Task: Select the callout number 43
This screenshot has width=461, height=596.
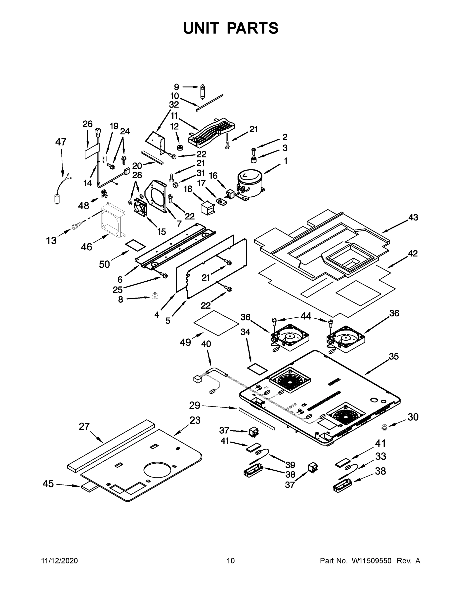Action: tap(413, 218)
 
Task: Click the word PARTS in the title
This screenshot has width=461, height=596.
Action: tap(253, 28)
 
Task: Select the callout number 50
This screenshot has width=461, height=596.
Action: tap(104, 264)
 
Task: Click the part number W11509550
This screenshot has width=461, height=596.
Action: tap(372, 560)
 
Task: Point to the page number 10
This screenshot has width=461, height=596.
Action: tap(231, 560)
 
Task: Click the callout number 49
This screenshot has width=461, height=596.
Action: tap(185, 342)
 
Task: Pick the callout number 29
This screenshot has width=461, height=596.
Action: tap(195, 413)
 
